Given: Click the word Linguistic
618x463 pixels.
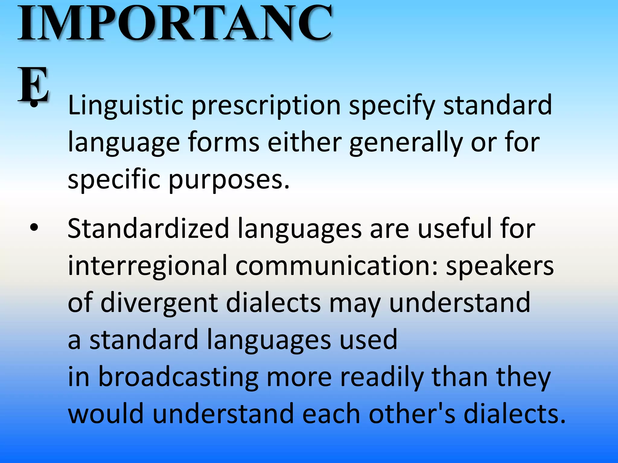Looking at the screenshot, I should coord(126,106).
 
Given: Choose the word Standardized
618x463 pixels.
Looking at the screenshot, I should coord(148,228).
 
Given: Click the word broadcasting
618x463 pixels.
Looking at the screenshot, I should coord(178,377).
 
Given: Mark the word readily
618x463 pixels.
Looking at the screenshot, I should coord(382,377).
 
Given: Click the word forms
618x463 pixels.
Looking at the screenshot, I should coord(224,142).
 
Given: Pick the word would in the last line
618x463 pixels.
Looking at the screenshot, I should coord(106,414).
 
